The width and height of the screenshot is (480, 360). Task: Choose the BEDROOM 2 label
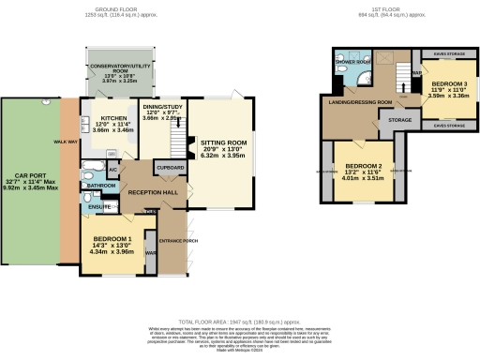(x=351, y=146)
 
